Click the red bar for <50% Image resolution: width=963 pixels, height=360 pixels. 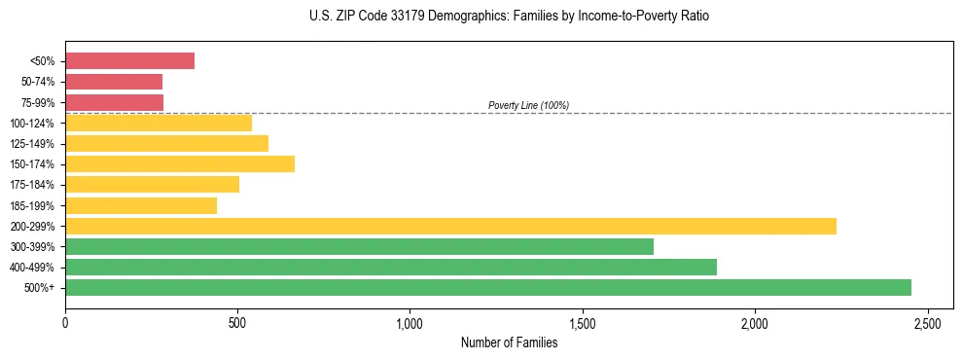pyautogui.click(x=129, y=61)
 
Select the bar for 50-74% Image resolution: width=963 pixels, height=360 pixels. pyautogui.click(x=114, y=82)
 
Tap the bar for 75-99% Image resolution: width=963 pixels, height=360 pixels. pyautogui.click(x=114, y=102)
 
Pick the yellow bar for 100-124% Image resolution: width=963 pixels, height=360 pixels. pyautogui.click(x=159, y=123)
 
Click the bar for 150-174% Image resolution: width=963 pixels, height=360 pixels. pyautogui.click(x=180, y=163)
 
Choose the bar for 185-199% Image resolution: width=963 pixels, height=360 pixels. pyautogui.click(x=141, y=205)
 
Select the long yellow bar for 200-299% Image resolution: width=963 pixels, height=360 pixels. pyautogui.click(x=450, y=226)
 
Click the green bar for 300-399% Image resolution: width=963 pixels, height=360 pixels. pyautogui.click(x=359, y=246)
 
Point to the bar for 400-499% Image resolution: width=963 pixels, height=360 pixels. pyautogui.click(x=391, y=267)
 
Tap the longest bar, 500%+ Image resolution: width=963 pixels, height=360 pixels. pyautogui.click(x=488, y=287)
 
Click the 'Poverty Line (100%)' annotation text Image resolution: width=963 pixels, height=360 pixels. pyautogui.click(x=528, y=105)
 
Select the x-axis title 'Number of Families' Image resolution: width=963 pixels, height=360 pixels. pyautogui.click(x=509, y=342)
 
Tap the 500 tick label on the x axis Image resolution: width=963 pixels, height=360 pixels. pyautogui.click(x=237, y=322)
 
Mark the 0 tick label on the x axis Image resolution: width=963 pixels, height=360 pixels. pyautogui.click(x=65, y=322)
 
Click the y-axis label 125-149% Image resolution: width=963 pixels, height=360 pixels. pyautogui.click(x=32, y=144)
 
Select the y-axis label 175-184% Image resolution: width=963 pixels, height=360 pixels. pyautogui.click(x=32, y=185)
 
